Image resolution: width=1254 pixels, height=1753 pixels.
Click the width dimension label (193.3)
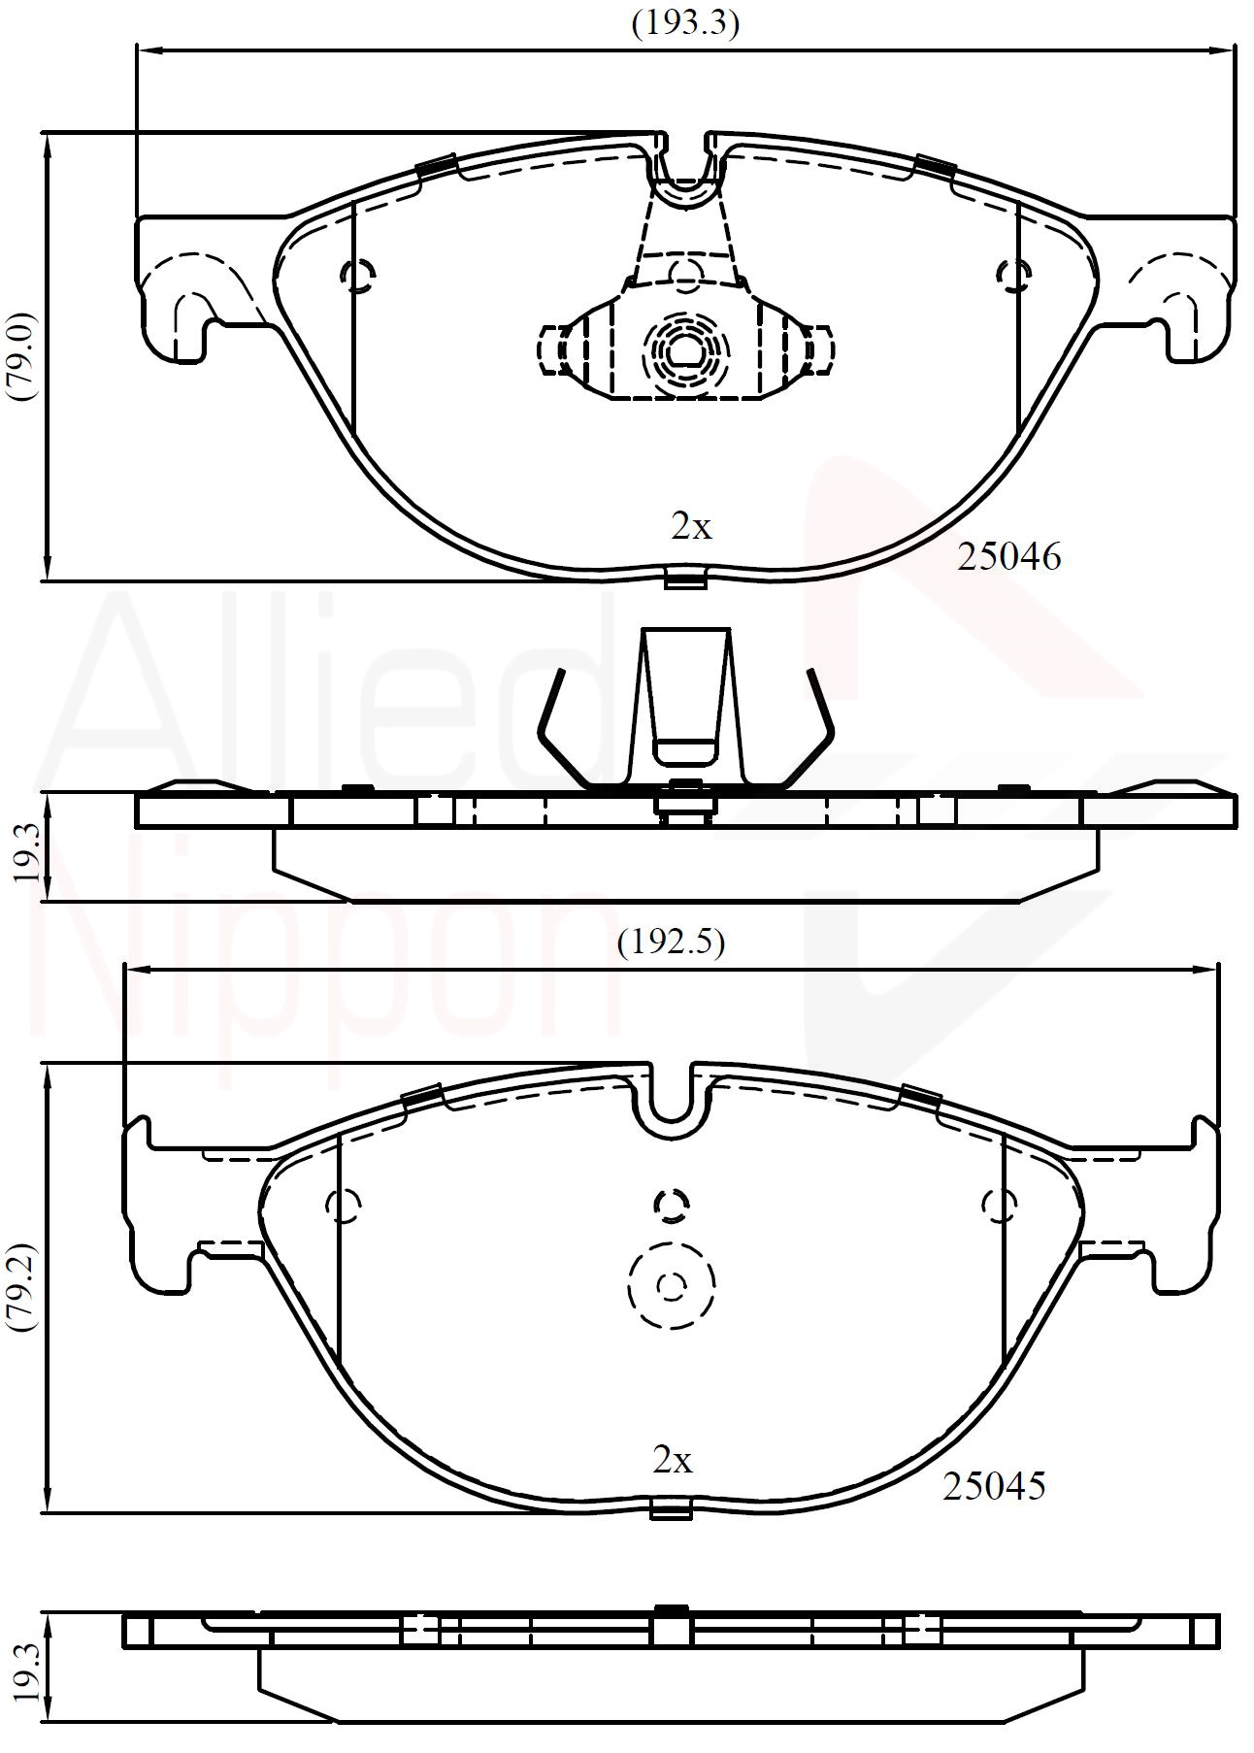pos(685,22)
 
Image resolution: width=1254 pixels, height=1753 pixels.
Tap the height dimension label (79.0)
pos(21,356)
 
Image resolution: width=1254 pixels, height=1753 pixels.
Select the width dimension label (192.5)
pos(671,942)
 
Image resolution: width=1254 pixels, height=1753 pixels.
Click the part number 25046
pos(1008,557)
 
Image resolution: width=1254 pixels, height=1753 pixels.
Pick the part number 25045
pos(994,1486)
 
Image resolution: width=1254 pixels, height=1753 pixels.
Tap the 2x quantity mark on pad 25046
pos(691,527)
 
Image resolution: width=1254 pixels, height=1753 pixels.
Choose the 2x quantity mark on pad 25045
pos(673,1460)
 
